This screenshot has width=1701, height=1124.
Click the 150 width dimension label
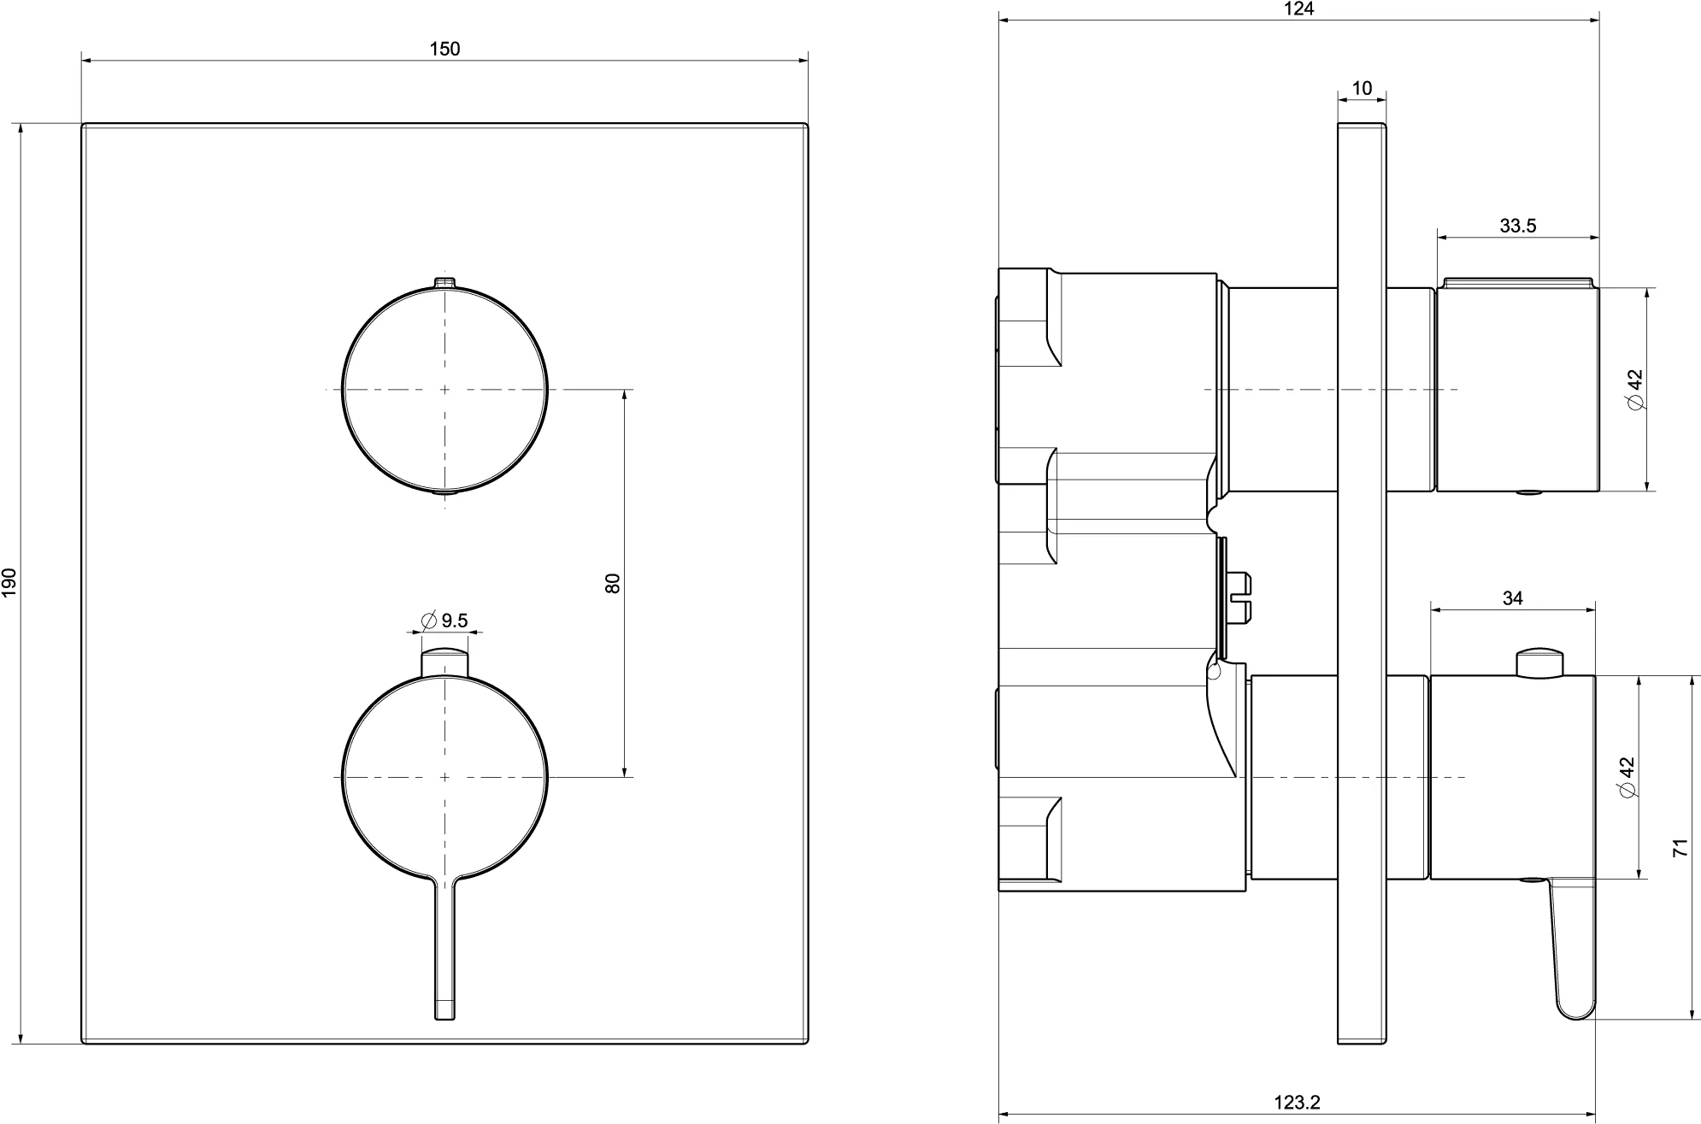click(x=444, y=49)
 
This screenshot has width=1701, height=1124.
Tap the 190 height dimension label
click(x=9, y=582)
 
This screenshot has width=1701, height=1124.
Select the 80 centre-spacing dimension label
click(x=612, y=583)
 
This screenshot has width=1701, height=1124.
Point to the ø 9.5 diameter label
click(x=444, y=620)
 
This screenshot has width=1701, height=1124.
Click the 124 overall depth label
click(x=1298, y=9)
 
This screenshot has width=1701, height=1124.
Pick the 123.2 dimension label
click(x=1297, y=1103)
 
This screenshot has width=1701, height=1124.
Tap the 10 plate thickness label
click(x=1362, y=88)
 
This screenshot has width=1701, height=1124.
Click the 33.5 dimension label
click(x=1517, y=226)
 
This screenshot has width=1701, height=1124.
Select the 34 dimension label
click(x=1512, y=598)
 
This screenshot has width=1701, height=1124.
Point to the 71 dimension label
click(x=1680, y=847)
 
